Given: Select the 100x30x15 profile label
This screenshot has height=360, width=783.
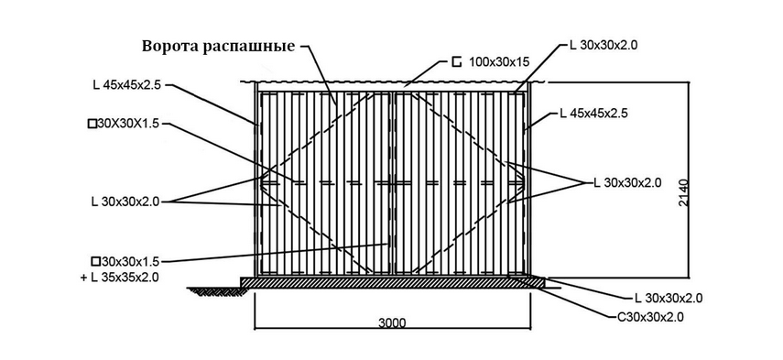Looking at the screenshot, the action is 499,62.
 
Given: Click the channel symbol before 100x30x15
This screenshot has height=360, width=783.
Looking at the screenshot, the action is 456,62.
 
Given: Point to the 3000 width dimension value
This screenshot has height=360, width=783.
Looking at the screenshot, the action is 392,322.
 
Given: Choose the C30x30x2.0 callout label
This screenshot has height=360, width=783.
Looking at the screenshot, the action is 647,317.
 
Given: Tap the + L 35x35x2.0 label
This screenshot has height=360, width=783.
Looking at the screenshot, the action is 120,278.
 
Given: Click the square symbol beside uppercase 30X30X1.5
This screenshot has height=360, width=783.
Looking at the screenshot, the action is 92,124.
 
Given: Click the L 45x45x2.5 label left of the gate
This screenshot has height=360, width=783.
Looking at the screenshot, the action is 127,85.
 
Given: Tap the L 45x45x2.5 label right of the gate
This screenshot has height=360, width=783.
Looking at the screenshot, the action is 593,114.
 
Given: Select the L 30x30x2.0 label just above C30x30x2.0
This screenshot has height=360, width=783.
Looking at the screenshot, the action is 669,299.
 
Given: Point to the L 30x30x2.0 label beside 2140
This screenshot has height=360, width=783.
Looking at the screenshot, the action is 627,182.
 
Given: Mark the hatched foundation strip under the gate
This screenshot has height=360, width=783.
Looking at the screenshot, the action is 393,283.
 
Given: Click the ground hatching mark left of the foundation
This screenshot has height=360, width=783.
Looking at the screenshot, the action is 213,290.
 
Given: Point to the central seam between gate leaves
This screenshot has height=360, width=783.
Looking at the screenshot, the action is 393,183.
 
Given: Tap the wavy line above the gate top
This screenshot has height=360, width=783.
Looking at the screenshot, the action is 392,82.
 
